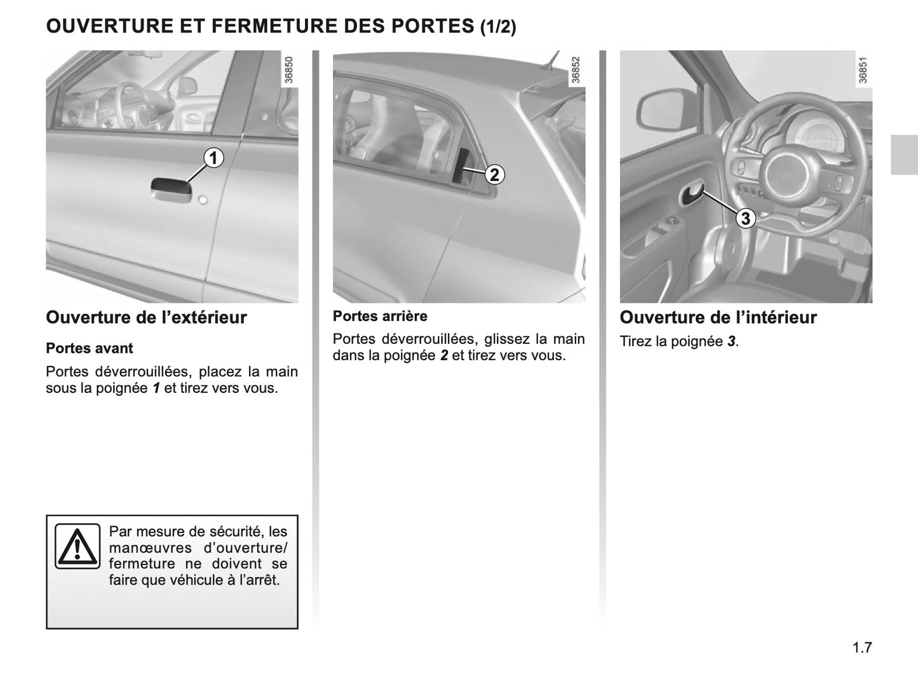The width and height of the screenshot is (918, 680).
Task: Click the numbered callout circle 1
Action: click(x=214, y=157)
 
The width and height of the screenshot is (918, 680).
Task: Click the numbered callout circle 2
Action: click(x=494, y=174)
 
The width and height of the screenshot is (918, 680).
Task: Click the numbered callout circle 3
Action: click(x=745, y=219)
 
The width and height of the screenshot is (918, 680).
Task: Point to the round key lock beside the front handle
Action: click(x=203, y=201)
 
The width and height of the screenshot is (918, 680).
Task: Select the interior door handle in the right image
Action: click(x=692, y=195)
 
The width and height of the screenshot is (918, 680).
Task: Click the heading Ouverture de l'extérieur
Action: click(x=146, y=317)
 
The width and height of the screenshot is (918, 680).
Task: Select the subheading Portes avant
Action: click(x=90, y=348)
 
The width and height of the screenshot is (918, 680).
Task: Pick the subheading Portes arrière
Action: click(x=380, y=316)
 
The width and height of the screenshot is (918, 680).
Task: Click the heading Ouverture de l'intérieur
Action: click(x=718, y=317)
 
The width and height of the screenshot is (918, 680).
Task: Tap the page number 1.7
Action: click(x=861, y=648)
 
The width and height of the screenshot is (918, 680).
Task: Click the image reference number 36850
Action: click(x=289, y=71)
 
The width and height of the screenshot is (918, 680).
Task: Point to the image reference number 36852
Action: click(x=576, y=71)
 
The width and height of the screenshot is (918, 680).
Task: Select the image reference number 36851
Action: click(x=863, y=71)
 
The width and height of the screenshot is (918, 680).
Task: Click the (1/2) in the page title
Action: click(x=497, y=27)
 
